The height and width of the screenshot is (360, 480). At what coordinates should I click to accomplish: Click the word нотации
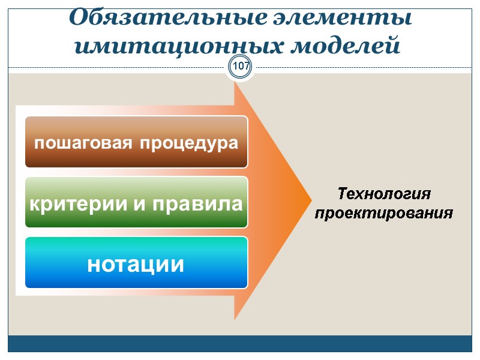coord(136,264)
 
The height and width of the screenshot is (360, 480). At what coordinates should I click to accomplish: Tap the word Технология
coord(385,194)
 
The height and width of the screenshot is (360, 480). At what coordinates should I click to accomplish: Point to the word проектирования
coord(385,213)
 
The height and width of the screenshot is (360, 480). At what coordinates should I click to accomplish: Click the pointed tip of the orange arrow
coord(309,202)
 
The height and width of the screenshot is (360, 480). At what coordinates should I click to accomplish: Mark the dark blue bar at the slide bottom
coord(240,344)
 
